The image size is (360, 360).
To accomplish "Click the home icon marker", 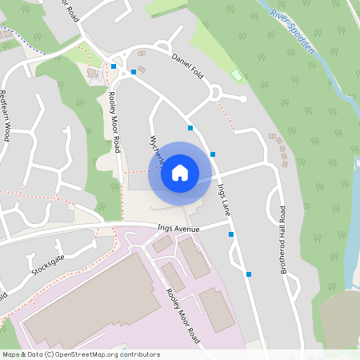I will (180, 173).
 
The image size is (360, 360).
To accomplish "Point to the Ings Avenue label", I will (178, 229).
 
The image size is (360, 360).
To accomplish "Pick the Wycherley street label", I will (155, 149).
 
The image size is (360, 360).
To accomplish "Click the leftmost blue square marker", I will (114, 66).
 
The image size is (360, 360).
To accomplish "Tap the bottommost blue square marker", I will (249, 274).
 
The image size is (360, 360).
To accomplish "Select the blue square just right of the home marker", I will (213, 154).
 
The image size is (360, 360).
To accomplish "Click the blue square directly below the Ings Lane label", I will (231, 234).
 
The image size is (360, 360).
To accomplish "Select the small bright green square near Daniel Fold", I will (236, 75).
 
